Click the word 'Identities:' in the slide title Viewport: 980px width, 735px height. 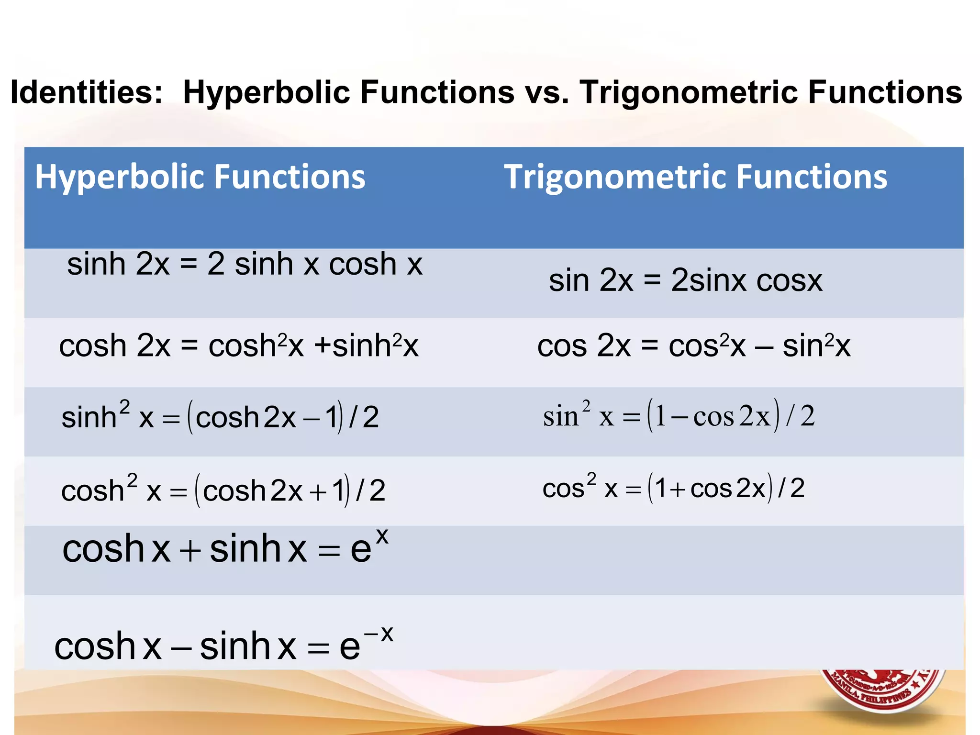coord(87,92)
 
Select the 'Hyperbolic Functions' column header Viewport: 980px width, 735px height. coord(200,177)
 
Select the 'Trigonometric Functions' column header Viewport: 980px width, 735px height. coord(695,177)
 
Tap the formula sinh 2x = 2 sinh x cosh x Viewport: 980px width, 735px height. coord(245,264)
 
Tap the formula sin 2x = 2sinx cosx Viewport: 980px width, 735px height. coord(685,280)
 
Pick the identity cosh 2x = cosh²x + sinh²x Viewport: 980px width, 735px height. coord(238,345)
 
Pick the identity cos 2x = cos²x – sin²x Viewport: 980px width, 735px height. coord(693,345)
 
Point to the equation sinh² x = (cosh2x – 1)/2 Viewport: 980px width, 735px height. coord(220,417)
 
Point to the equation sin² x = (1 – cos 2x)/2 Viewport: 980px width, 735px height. coord(678,415)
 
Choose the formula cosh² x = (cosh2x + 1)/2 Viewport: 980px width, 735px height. coord(223,490)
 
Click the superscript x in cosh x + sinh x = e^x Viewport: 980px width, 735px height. coord(382,537)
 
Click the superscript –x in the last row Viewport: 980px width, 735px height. coord(379,635)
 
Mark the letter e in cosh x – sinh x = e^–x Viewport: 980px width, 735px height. coord(349,647)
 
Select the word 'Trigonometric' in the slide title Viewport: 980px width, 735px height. coord(689,92)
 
